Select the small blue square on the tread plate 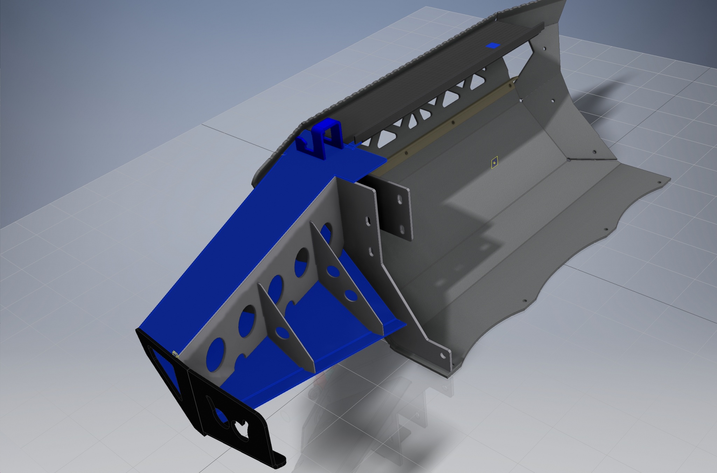point(493,46)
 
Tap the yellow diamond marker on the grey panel point(494,163)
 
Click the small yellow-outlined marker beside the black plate point(175,355)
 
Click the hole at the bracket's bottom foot point(443,356)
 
